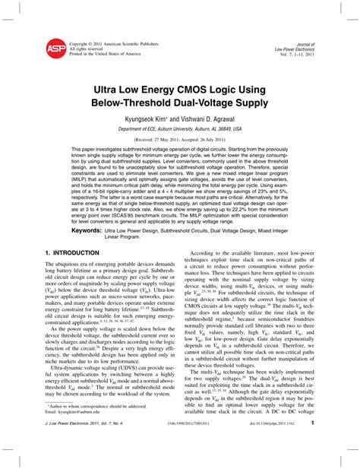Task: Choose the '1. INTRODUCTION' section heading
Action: click(74, 251)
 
